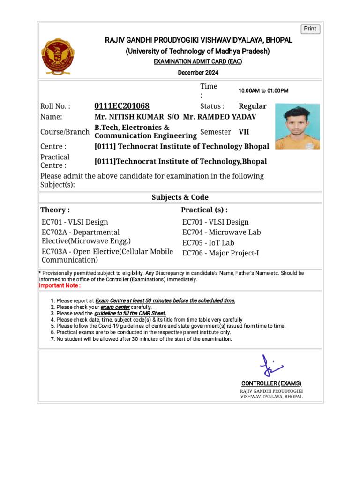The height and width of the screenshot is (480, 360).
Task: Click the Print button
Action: [310, 29]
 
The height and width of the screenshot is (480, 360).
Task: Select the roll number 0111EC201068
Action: [122, 106]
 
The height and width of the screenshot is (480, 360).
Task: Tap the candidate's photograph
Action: [297, 126]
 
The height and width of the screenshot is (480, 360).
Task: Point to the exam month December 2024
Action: [198, 73]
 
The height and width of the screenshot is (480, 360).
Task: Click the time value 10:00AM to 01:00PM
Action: [263, 90]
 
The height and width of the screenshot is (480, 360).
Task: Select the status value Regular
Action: [252, 106]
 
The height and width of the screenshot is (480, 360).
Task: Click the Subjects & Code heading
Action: [180, 197]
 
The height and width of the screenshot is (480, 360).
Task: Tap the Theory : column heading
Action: [55, 210]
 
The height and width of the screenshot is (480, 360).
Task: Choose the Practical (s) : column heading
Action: [204, 210]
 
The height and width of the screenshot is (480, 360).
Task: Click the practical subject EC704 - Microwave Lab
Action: [221, 232]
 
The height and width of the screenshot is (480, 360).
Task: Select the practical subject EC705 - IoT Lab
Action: [208, 243]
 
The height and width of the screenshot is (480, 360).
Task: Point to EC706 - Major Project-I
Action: [220, 253]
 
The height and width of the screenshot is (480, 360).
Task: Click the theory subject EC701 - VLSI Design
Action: [75, 222]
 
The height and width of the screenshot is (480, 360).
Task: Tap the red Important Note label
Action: [60, 285]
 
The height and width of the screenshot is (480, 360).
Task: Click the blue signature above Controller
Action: [271, 366]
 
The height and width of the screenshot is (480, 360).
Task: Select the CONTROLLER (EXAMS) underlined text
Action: [271, 383]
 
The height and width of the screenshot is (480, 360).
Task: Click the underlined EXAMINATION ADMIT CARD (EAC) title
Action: [198, 62]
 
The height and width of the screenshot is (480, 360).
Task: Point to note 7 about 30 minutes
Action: [141, 339]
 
